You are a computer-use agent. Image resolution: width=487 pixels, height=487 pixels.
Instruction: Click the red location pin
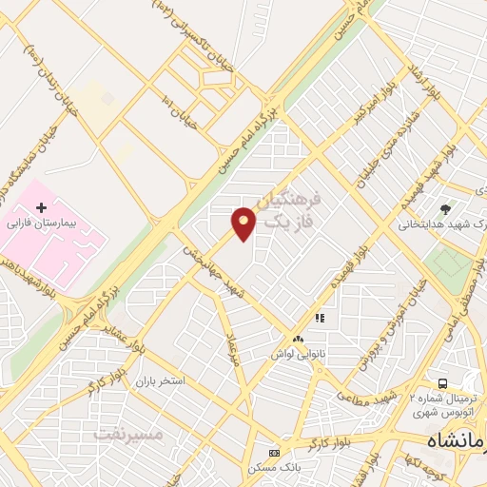244,224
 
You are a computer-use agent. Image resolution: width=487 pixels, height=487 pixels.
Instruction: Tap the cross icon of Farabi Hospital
41,206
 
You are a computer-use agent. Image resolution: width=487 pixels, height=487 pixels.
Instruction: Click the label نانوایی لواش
299,353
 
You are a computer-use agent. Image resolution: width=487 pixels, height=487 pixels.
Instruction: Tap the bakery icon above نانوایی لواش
299,339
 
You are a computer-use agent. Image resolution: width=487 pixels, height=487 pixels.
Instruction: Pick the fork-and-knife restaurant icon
321,318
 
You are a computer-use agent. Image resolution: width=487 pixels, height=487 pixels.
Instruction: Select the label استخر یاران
157,380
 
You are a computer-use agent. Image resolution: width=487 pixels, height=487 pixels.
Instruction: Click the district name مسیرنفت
129,435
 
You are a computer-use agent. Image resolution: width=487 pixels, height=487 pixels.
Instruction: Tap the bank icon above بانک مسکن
274,452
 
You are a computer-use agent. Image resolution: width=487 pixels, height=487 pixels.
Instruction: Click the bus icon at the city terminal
442,381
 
